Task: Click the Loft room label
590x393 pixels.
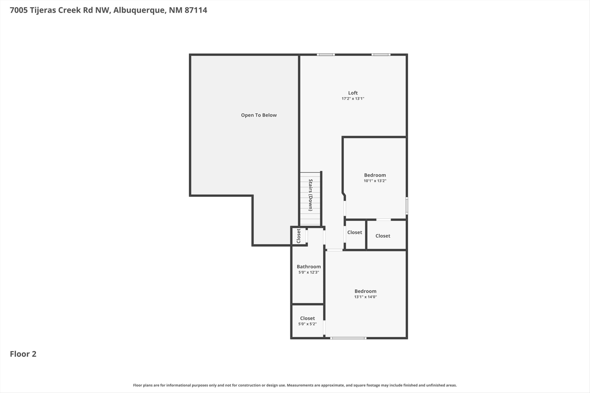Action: pos(353,93)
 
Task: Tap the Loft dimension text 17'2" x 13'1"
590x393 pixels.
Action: pos(353,98)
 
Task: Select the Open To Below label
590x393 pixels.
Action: pos(259,115)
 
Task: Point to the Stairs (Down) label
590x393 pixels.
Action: pos(311,195)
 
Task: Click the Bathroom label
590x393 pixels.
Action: pos(309,267)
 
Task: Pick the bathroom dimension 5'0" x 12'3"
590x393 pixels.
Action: pos(309,272)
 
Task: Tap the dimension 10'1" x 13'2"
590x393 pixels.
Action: pos(375,181)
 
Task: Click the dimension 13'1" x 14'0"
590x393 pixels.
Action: pos(365,297)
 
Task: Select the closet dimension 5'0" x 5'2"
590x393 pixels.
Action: pos(307,324)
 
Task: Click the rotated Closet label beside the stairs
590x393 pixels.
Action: pos(299,236)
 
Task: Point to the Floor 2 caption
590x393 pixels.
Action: pos(23,354)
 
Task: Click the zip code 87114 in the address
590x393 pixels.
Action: pos(196,10)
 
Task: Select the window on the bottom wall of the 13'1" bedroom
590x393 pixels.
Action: pos(348,338)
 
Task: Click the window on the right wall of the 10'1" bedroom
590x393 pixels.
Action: pos(407,206)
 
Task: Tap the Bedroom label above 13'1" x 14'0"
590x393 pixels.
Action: pos(365,291)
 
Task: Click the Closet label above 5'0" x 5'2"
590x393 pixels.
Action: pos(307,318)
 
